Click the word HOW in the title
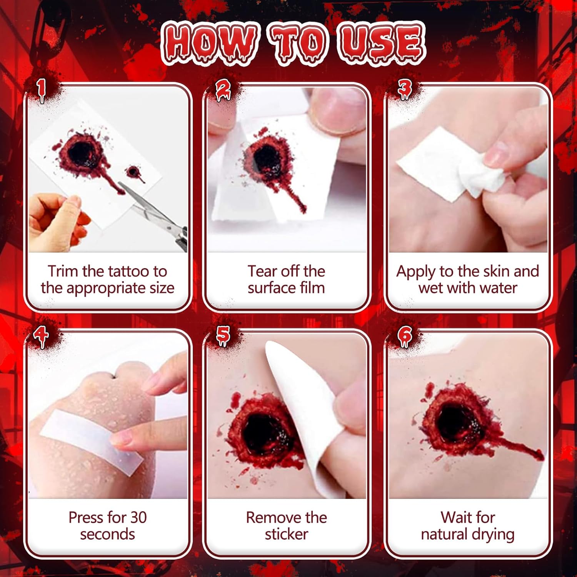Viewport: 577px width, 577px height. (x=209, y=42)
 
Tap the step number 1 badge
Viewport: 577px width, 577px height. (x=41, y=91)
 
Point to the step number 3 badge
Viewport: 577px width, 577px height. (x=404, y=90)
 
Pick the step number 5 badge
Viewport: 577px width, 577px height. (x=223, y=336)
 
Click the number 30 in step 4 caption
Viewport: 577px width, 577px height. (x=138, y=517)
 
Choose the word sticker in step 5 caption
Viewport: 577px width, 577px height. (x=286, y=534)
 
